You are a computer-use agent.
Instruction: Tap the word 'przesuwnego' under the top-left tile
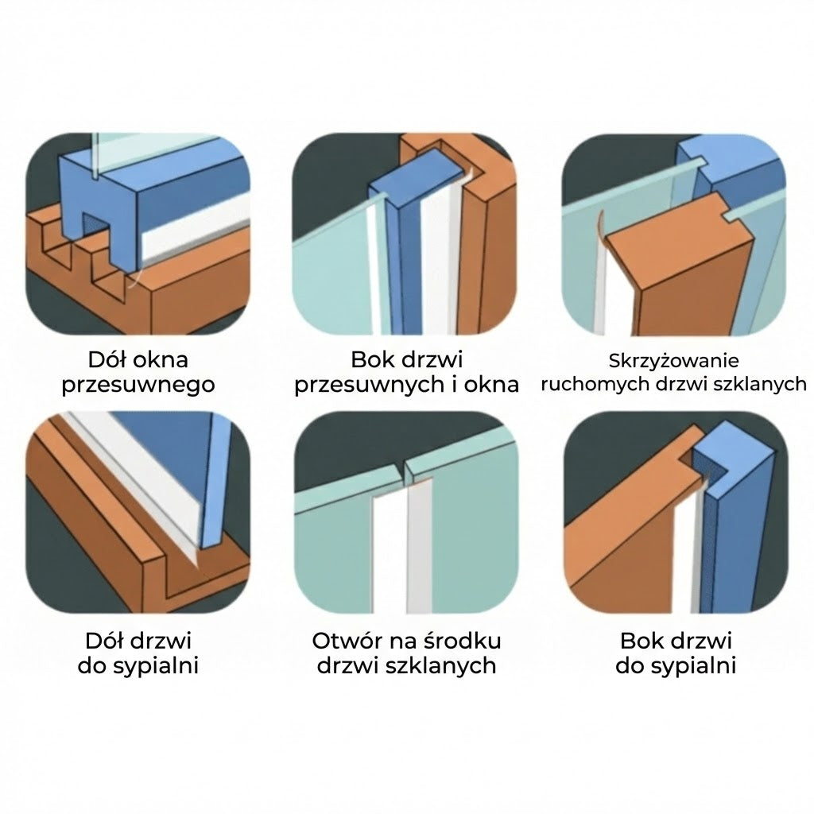tap(138, 386)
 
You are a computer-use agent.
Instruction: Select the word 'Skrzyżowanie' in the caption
tap(674, 360)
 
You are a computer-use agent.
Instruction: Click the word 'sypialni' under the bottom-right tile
tap(694, 666)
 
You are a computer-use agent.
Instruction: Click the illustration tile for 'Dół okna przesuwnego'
tap(138, 235)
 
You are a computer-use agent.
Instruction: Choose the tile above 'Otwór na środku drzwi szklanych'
tap(406, 513)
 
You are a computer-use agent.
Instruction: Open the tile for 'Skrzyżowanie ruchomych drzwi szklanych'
tap(674, 235)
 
